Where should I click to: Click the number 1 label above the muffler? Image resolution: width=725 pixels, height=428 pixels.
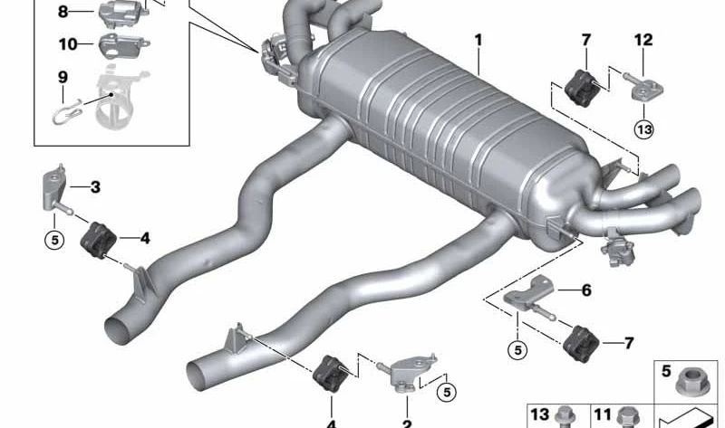click(x=478, y=41)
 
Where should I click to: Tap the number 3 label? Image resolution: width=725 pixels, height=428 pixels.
click(x=95, y=187)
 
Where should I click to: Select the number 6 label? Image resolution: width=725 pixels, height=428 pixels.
click(x=586, y=290)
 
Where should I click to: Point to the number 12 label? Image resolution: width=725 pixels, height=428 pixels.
click(x=643, y=40)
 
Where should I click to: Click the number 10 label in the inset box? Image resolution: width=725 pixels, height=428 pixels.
click(x=68, y=44)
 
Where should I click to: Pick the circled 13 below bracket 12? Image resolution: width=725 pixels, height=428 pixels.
click(x=644, y=129)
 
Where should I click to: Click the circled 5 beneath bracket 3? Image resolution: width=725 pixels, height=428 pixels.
click(x=54, y=240)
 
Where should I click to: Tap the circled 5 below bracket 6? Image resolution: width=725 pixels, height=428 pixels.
click(x=517, y=350)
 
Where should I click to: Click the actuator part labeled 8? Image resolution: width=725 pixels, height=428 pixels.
click(x=122, y=14)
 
